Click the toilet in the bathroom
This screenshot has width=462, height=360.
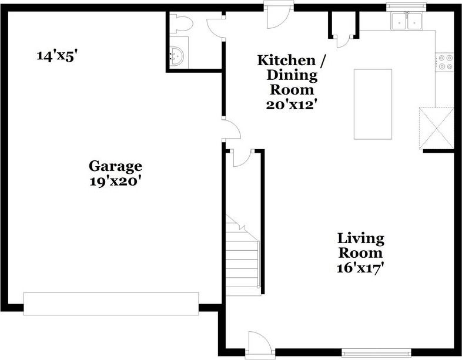[181, 23]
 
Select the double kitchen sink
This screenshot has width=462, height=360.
[407, 21]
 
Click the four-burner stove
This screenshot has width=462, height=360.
[444, 62]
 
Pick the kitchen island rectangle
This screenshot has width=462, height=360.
[373, 104]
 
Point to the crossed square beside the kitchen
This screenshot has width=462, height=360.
[436, 129]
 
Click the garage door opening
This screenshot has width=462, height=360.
[111, 304]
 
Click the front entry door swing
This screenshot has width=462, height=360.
[258, 345]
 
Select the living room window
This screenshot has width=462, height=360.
[376, 352]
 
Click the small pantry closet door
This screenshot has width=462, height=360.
[343, 41]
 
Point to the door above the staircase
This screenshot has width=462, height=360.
[242, 158]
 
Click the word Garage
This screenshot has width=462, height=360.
[115, 167]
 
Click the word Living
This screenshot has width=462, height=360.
[361, 238]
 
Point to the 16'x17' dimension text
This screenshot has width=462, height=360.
[360, 268]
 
